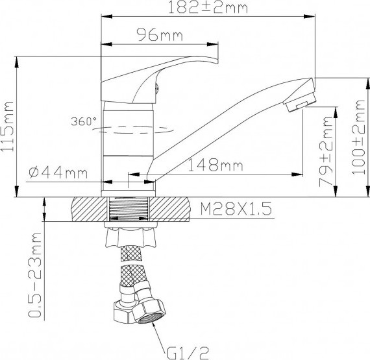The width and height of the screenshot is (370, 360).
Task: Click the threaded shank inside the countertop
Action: coord(130,211)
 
